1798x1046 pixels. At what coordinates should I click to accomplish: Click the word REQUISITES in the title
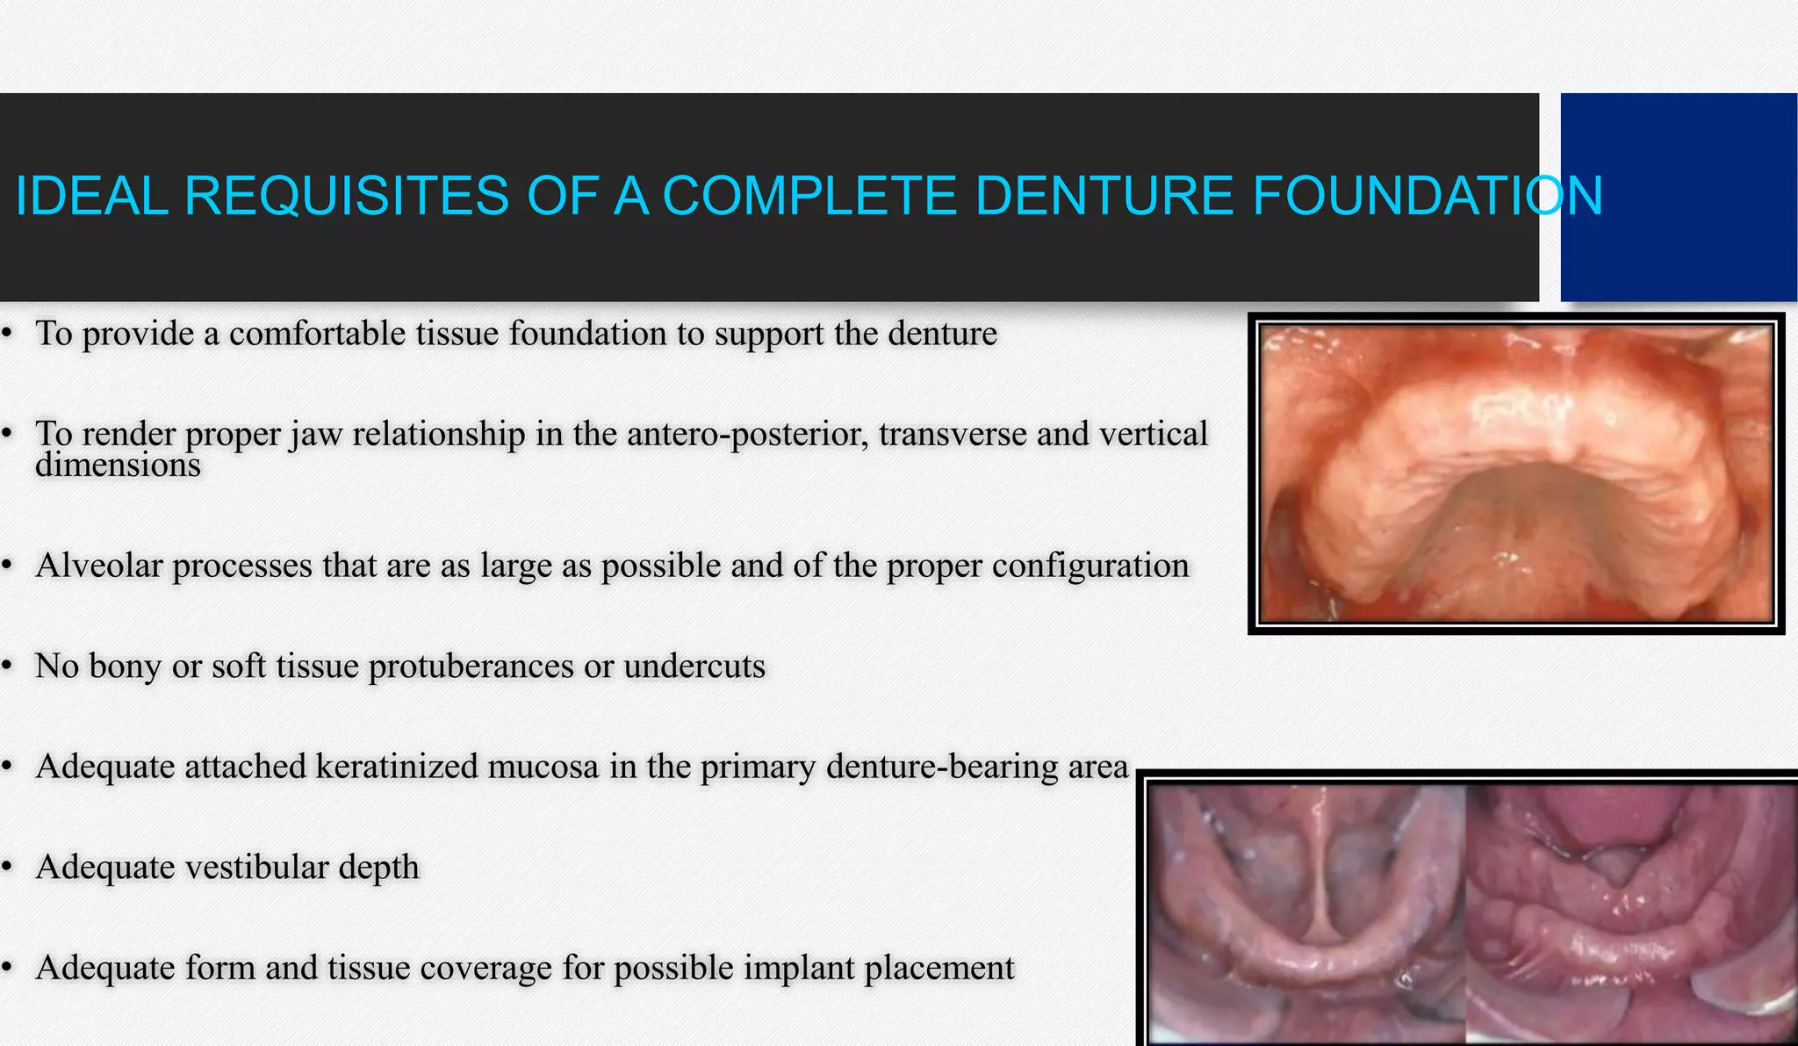coord(346,195)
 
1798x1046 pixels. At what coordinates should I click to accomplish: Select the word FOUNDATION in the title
coord(1428,195)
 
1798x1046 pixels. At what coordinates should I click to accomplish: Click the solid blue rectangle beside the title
coord(1678,197)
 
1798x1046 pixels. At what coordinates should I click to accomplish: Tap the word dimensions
coord(118,465)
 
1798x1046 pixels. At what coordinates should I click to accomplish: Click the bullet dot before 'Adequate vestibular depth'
coord(7,868)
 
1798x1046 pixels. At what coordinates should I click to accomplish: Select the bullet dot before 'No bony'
coord(7,667)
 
